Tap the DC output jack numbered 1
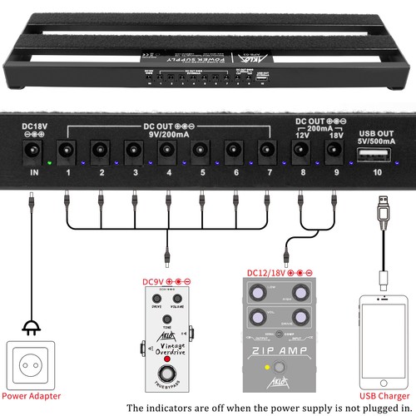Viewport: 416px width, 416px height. (x=67, y=151)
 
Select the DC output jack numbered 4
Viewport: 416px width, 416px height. (x=168, y=151)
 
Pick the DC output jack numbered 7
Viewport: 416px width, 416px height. (x=267, y=151)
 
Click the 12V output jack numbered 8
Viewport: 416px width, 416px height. (x=301, y=151)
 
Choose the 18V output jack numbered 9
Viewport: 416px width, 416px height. (x=334, y=151)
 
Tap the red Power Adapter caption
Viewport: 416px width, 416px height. (x=33, y=395)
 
